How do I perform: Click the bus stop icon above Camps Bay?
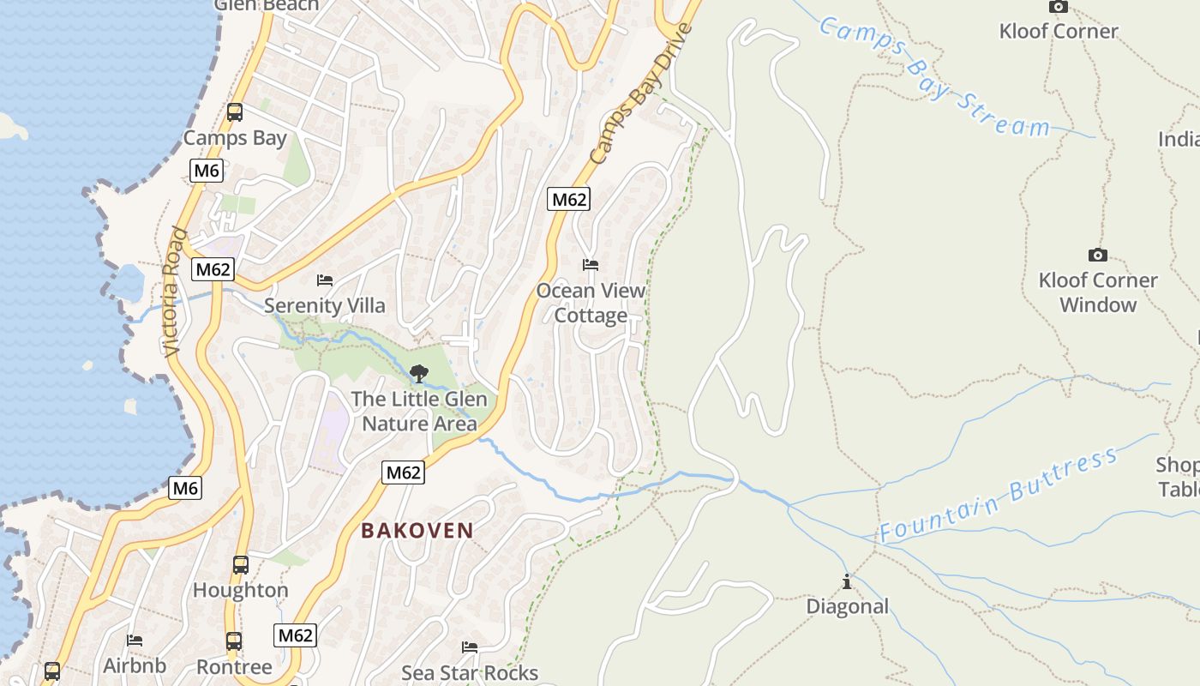click(234, 112)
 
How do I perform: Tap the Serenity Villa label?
click(325, 305)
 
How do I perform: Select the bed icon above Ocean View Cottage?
click(590, 265)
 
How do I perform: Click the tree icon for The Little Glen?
click(419, 373)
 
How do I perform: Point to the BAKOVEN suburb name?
click(417, 530)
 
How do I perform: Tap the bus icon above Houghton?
click(241, 565)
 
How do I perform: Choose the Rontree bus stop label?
click(234, 666)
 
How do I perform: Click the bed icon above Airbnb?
click(135, 641)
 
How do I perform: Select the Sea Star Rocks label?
click(470, 672)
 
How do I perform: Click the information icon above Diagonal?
click(847, 582)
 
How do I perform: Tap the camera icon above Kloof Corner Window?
click(1097, 255)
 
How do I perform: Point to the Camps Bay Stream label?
click(934, 75)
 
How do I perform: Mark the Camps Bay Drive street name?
click(641, 94)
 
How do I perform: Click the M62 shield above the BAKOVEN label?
click(403, 472)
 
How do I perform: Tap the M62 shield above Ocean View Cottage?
click(569, 200)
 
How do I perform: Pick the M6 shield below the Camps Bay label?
click(206, 171)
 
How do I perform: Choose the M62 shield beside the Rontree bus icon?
click(295, 635)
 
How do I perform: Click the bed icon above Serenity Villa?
click(325, 280)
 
